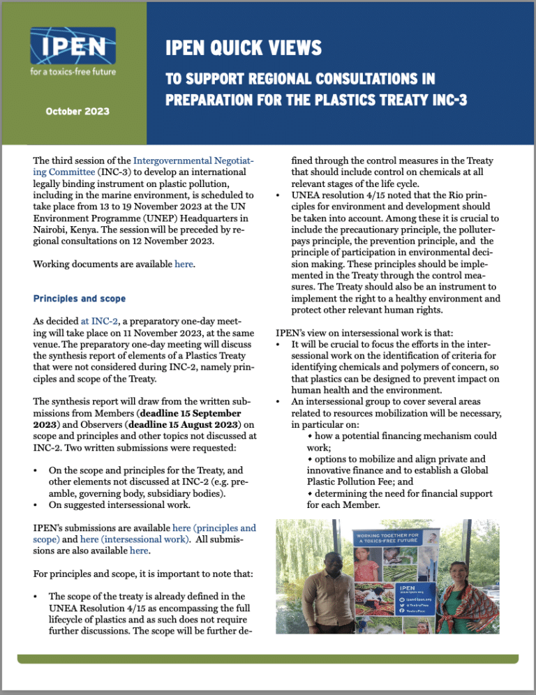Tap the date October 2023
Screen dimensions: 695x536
(x=77, y=111)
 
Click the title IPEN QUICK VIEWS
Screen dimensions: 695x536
(x=244, y=48)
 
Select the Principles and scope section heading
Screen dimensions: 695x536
(x=80, y=299)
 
